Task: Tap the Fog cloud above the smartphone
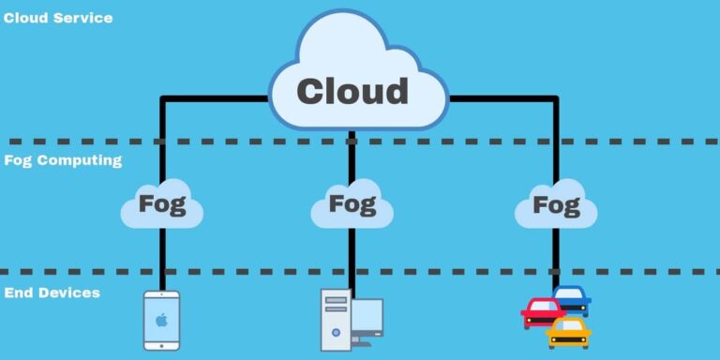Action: (161, 204)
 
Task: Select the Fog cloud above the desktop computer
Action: (352, 203)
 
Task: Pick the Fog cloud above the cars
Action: (555, 204)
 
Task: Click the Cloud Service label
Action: (58, 17)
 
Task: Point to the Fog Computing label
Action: (63, 160)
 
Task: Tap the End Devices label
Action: (52, 293)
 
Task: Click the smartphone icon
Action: (161, 320)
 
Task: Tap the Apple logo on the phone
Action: (161, 319)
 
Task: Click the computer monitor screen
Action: (367, 317)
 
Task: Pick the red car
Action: (544, 311)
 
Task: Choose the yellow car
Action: (569, 332)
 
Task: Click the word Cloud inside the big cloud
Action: (352, 91)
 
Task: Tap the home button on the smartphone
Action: (161, 344)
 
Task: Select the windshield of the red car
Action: (544, 305)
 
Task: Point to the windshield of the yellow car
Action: (569, 324)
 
